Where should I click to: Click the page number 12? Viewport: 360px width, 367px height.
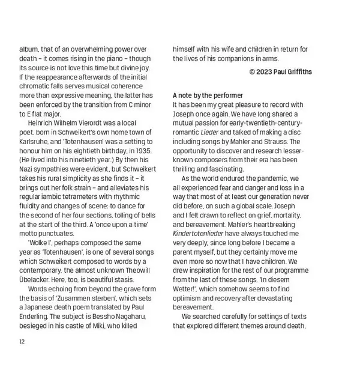(x=23, y=342)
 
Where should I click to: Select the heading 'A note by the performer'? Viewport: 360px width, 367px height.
(x=208, y=96)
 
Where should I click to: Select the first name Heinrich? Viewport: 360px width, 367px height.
(x=43, y=122)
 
